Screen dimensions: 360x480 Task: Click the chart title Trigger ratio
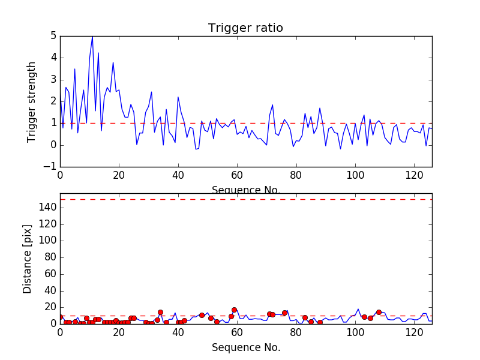tap(245, 28)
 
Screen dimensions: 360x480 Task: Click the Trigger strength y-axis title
tap(32, 101)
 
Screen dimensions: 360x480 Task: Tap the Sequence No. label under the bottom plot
tap(245, 347)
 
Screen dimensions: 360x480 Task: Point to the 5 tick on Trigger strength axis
tap(53, 36)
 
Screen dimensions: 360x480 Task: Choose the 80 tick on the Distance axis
tap(51, 257)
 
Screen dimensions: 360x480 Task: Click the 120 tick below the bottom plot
tap(414, 331)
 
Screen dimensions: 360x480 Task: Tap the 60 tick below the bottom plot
tap(237, 331)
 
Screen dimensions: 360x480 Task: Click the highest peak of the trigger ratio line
tap(92, 37)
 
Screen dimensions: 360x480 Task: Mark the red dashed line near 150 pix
tap(245, 199)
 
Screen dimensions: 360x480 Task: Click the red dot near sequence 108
tap(379, 312)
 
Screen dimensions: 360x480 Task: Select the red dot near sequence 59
tap(234, 310)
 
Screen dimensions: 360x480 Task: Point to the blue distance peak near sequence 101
tap(358, 310)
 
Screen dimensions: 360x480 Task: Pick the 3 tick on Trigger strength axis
tap(53, 80)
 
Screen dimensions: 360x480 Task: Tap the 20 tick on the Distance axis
tap(51, 307)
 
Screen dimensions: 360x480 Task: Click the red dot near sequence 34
tap(160, 312)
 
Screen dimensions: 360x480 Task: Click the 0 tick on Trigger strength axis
tap(53, 145)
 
